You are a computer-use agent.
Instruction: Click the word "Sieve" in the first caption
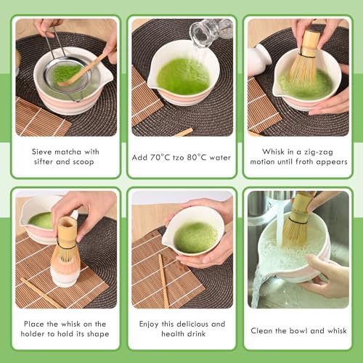pos(41,152)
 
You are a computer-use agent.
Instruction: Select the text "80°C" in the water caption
pos(197,158)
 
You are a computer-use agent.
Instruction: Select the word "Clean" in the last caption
pos(260,330)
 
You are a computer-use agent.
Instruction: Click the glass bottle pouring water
pos(211,30)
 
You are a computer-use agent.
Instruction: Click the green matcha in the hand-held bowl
pos(196,237)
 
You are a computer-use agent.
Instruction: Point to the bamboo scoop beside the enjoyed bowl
pos(164,281)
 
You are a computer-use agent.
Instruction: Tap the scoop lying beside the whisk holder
pos(41,293)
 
